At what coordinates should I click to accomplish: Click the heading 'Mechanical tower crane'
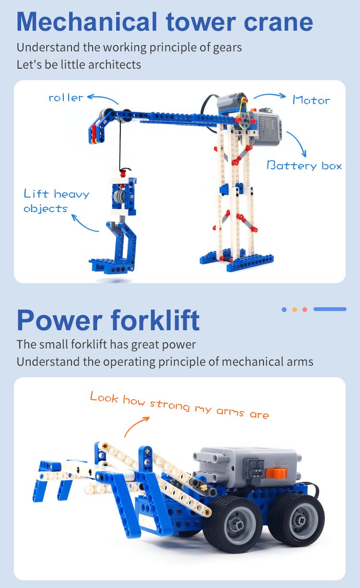click(165, 22)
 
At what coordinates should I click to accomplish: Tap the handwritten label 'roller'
click(66, 98)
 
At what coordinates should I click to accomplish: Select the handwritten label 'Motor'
click(311, 100)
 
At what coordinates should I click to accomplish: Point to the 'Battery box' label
click(304, 166)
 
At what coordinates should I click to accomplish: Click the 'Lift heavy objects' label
click(57, 201)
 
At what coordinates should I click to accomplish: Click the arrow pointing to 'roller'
click(102, 99)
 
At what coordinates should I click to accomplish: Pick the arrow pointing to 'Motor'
click(270, 96)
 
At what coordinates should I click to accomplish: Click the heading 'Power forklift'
click(108, 320)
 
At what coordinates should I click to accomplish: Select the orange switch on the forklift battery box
click(276, 472)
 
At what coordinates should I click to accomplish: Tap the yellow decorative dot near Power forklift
click(295, 310)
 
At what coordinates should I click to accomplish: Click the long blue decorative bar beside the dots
click(330, 309)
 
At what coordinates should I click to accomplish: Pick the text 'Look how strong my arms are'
click(180, 405)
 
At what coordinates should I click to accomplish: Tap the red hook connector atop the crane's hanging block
click(122, 173)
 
